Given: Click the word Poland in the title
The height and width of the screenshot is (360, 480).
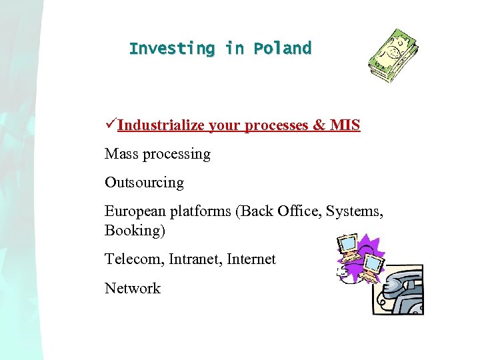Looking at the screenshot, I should (x=282, y=49).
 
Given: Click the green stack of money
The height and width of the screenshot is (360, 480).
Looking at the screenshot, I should (x=394, y=55).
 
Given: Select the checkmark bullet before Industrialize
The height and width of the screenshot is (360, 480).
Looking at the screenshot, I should (x=111, y=125).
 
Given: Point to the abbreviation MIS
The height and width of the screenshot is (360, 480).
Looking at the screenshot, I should (x=345, y=125).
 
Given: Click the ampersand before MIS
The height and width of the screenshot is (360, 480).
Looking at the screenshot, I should (x=319, y=125).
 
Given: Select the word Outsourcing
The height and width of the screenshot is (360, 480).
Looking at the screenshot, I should (x=144, y=183).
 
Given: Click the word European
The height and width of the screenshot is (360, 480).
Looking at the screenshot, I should (x=134, y=211).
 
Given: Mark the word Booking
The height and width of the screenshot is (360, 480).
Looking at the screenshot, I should (x=133, y=231).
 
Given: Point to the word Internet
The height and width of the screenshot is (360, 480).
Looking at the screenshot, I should (x=251, y=259).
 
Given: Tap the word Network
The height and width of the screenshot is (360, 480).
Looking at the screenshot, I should (x=133, y=288).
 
